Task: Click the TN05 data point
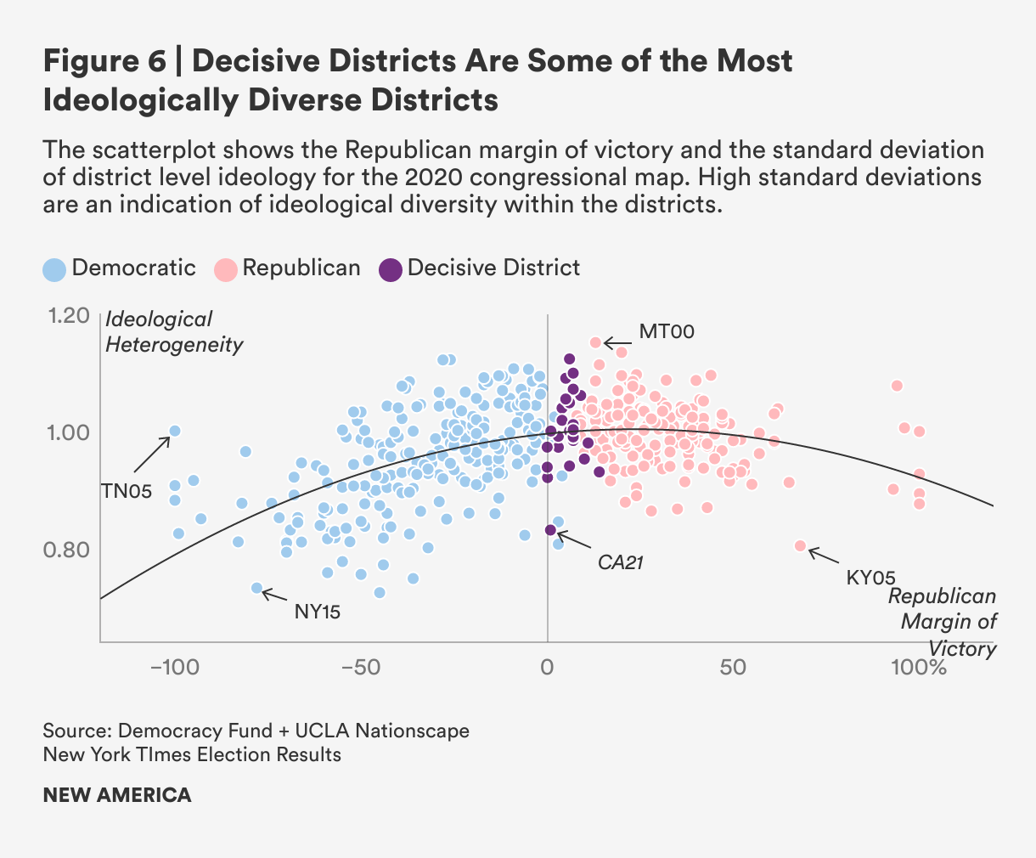175,431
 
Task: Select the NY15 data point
256,588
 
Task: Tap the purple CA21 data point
550,530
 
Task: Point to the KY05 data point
800,545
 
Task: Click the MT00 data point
595,342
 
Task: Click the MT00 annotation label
667,331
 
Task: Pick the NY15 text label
318,611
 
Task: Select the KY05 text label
871,578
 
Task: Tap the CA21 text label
621,562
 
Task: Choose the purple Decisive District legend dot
390,269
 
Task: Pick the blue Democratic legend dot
54,269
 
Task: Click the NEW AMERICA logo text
117,795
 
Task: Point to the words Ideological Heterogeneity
173,332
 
